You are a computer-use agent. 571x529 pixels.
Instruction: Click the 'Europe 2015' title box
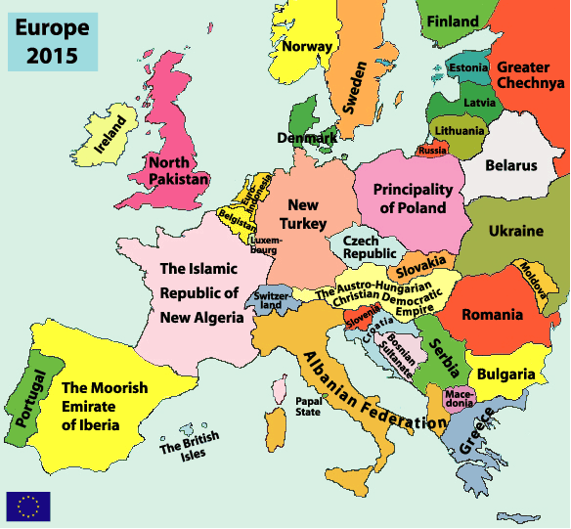point(52,40)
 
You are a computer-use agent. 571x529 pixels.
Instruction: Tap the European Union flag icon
point(27,506)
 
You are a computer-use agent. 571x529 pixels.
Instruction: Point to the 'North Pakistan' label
point(179,171)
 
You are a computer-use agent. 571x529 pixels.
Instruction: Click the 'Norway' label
point(306,45)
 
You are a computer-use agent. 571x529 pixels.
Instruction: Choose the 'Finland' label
point(453,21)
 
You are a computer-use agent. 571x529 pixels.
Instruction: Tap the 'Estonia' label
point(467,68)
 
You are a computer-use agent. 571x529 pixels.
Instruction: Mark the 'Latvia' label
point(479,102)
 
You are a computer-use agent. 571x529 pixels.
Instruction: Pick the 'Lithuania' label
point(460,130)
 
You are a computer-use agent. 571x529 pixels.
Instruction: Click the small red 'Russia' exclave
point(432,151)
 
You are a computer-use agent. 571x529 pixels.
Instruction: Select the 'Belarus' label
point(511,165)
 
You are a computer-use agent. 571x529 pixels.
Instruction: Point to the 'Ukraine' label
point(514,232)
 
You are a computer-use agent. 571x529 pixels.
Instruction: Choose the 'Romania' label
point(494,315)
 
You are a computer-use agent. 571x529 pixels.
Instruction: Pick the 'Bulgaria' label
point(505,374)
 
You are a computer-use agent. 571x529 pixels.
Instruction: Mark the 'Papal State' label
point(308,406)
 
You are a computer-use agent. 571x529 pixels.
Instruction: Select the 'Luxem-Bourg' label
point(265,243)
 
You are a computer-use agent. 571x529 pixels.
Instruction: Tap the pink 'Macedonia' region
point(460,398)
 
